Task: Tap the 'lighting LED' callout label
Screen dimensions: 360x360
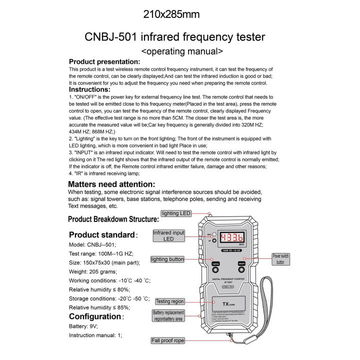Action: [x=176, y=213]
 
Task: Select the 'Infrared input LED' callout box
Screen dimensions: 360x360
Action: [x=168, y=236]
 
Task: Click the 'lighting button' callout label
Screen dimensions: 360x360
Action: [x=167, y=259]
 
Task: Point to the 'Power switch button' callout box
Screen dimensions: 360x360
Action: [x=280, y=258]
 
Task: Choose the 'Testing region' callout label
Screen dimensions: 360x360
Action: [x=170, y=301]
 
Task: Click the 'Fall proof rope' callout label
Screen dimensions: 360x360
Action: [x=167, y=340]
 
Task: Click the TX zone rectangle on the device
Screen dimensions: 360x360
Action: [x=230, y=304]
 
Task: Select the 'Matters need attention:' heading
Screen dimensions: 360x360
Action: [x=111, y=184]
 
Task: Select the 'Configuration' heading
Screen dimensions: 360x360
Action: [x=95, y=316]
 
